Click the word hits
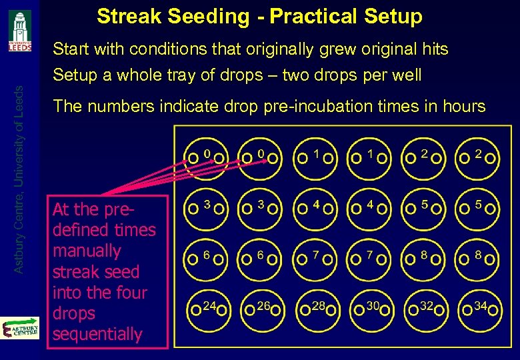coord(433,49)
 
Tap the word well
coord(406,75)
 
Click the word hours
coord(461,106)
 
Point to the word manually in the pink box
coord(87,251)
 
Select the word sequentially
coord(97,334)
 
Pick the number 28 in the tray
coord(318,307)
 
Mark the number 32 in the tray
coord(427,307)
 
